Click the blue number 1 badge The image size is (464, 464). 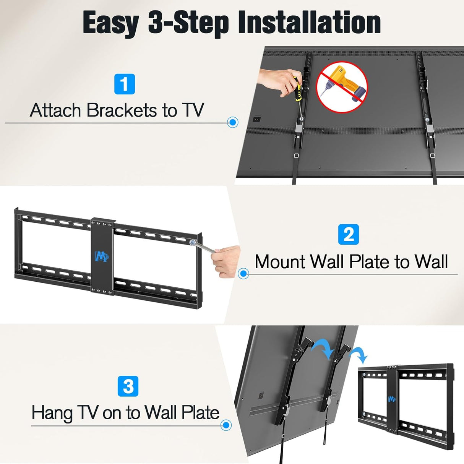coord(125,84)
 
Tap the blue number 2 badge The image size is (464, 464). coord(349,234)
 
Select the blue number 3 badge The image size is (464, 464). coord(128,386)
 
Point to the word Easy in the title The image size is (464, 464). coord(110,23)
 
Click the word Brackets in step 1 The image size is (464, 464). coord(122,110)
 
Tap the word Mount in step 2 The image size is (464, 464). coord(280,262)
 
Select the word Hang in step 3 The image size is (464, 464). coord(52,413)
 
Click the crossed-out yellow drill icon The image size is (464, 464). coord(342,87)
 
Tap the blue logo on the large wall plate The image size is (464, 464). coord(102,256)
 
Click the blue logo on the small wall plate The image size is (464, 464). coord(392,399)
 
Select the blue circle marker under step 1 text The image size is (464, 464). coord(232,122)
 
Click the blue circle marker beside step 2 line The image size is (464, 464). coord(243,274)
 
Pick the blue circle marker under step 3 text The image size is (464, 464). coord(226,425)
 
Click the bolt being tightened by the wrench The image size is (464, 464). coord(193,242)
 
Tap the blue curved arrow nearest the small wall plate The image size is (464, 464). coord(360,355)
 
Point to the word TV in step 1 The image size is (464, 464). coord(193,110)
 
